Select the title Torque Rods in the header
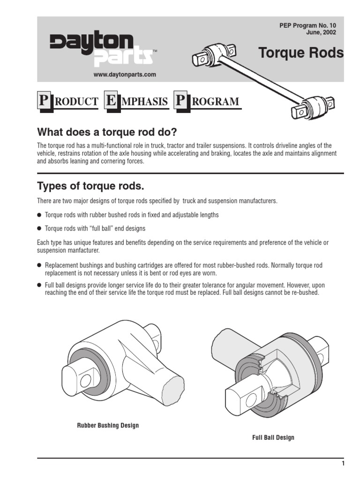(301, 53)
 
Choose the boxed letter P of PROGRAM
(180, 101)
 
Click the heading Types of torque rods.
(90, 186)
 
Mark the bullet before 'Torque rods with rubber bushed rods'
(39, 215)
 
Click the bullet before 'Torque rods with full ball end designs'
(39, 229)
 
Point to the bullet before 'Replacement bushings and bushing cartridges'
(39, 266)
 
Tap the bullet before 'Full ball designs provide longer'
(39, 285)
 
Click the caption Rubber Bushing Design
(108, 426)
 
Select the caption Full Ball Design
(273, 437)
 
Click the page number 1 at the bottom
(343, 464)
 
